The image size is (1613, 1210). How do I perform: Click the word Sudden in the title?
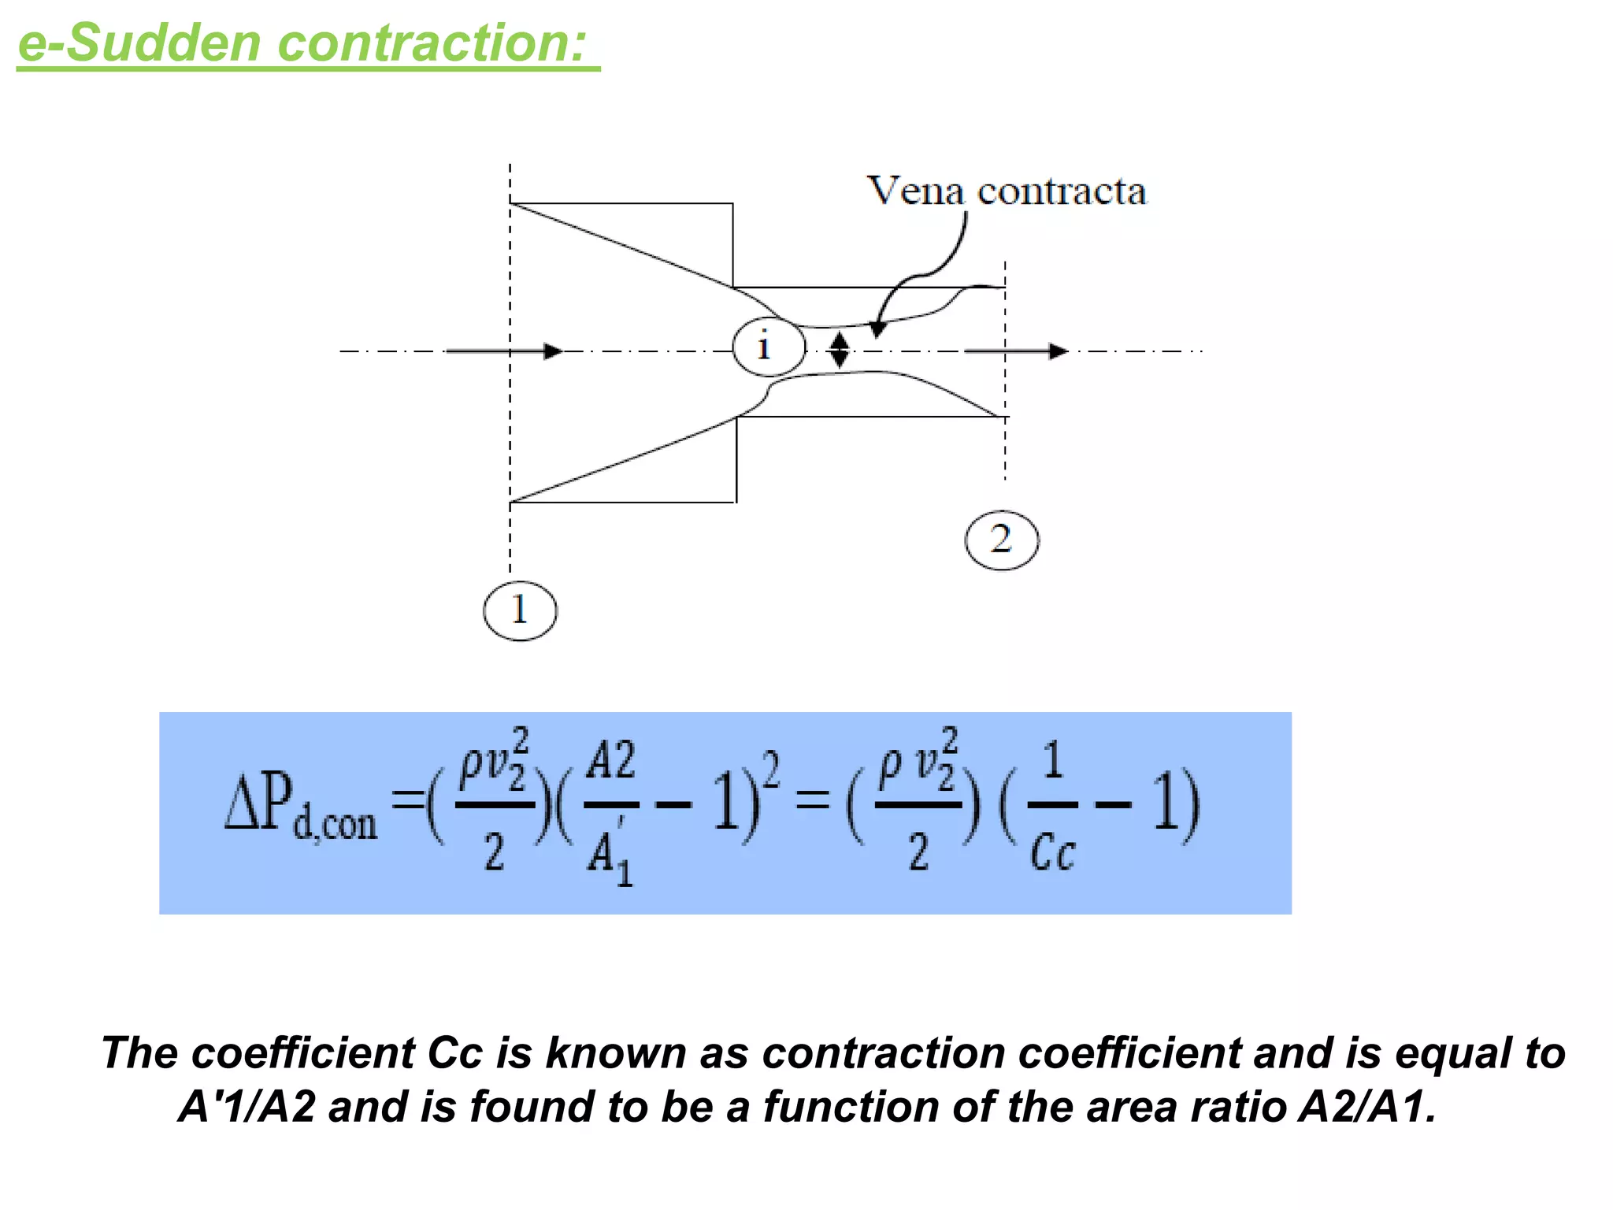[x=164, y=43]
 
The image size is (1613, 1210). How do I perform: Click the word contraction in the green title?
[x=432, y=43]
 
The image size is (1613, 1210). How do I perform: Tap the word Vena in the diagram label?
[x=915, y=191]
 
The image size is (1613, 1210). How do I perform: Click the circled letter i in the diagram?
[x=769, y=347]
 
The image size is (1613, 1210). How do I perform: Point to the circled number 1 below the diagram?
[x=520, y=611]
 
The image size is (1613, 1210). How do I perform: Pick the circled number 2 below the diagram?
[x=1002, y=540]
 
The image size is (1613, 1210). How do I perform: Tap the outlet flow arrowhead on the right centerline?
[x=1058, y=351]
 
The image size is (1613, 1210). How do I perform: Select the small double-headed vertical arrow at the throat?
[x=840, y=350]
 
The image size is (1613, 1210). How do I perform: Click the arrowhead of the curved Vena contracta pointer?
[x=877, y=329]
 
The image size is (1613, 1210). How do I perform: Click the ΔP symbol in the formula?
[x=258, y=802]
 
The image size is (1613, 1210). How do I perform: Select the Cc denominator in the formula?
[x=1052, y=852]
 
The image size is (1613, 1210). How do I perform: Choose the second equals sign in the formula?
[x=812, y=802]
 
